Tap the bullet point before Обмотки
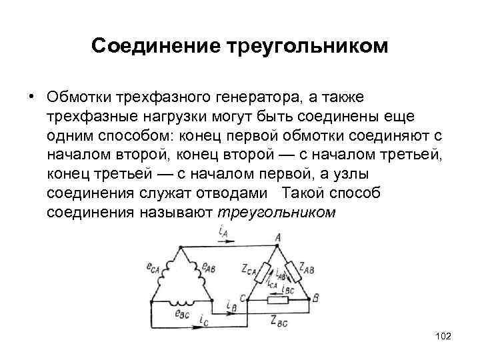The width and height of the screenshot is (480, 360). [31, 95]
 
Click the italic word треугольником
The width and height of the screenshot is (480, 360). [277, 213]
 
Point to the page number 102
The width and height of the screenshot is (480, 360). [442, 337]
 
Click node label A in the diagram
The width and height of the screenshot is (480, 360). [277, 237]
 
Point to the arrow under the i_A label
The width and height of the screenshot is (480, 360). [223, 245]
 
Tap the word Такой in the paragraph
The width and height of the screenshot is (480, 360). [301, 194]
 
